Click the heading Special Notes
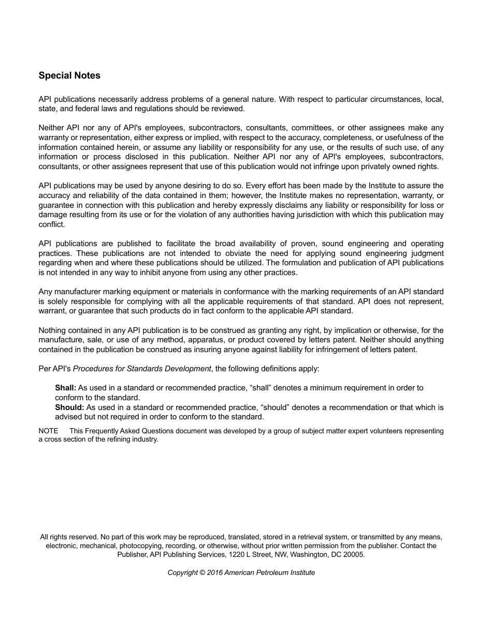69,75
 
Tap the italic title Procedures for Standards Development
142,369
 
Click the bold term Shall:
66,388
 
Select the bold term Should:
69,407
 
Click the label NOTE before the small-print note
48,431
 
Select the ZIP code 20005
355,554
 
